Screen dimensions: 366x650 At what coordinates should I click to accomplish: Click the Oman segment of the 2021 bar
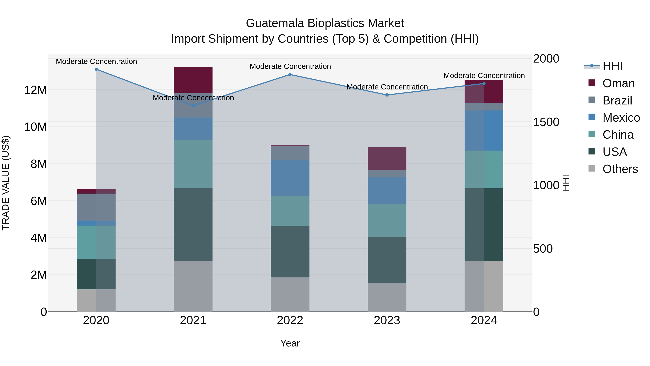(193, 80)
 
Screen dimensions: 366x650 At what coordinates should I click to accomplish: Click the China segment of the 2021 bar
(193, 164)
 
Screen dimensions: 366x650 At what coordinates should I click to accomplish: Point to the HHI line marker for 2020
(96, 69)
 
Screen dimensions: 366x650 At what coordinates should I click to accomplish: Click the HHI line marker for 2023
(387, 95)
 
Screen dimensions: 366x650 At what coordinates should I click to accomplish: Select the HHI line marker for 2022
(290, 74)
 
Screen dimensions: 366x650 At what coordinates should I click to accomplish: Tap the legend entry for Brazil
(617, 100)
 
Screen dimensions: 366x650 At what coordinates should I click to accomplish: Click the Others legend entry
(620, 169)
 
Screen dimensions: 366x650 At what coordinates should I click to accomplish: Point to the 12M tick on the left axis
(35, 90)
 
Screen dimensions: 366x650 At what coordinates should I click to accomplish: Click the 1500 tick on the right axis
(546, 122)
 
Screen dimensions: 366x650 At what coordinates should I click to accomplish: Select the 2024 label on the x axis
(484, 320)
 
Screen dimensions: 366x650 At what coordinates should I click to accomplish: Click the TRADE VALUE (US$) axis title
(6, 183)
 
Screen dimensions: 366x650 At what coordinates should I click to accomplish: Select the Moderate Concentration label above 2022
(290, 67)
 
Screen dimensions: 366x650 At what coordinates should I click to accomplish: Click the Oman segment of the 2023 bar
(387, 158)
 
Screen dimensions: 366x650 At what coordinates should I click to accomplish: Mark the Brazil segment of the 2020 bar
(96, 207)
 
